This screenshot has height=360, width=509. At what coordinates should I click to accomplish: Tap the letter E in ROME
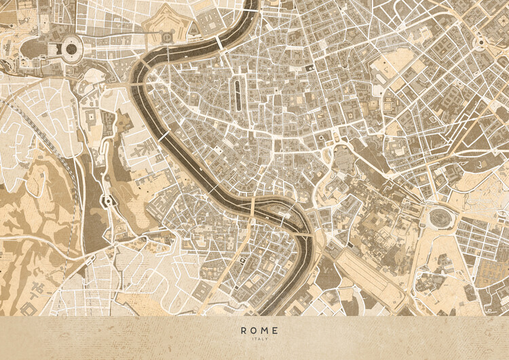274,331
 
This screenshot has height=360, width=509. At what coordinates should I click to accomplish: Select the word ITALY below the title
259,340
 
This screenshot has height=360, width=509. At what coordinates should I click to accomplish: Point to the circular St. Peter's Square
70,48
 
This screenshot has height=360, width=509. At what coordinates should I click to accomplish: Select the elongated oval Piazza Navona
238,92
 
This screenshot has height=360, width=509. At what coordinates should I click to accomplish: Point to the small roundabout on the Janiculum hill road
106,201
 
